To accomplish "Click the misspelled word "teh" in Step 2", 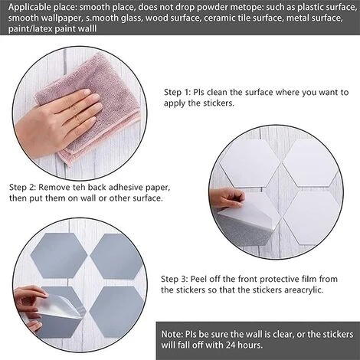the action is (78, 188).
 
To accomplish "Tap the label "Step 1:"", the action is (177, 92).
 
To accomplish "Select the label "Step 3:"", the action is (175, 279).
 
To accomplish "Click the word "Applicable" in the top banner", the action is (30, 7).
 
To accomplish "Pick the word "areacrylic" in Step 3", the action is (303, 290).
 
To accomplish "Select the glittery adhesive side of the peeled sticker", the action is (243, 231).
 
